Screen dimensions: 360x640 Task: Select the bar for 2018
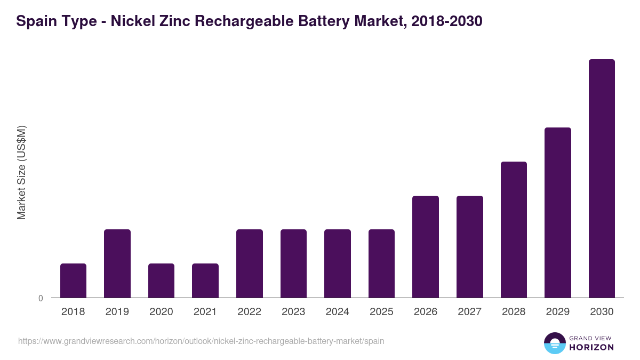click(73, 281)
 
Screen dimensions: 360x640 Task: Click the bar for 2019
click(117, 263)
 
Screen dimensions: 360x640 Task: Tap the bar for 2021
click(205, 281)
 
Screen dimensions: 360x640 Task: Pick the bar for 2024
click(338, 263)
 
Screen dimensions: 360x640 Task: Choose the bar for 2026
click(426, 246)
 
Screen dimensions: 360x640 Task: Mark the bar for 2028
click(514, 229)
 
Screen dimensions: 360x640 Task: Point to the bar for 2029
click(558, 212)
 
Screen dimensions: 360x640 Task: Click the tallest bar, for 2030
click(602, 178)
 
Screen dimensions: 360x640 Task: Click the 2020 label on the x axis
click(161, 312)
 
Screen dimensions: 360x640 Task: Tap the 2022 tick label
click(249, 312)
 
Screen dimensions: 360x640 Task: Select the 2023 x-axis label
click(293, 312)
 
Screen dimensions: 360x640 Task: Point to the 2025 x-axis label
click(381, 312)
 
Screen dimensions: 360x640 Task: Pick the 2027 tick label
click(469, 312)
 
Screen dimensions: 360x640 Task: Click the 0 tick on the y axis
click(41, 298)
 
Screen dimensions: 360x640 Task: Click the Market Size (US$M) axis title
click(21, 173)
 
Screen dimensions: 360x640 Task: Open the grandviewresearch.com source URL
click(201, 341)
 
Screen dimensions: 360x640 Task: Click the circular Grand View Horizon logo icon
click(555, 343)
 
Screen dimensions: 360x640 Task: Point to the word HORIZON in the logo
click(591, 347)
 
